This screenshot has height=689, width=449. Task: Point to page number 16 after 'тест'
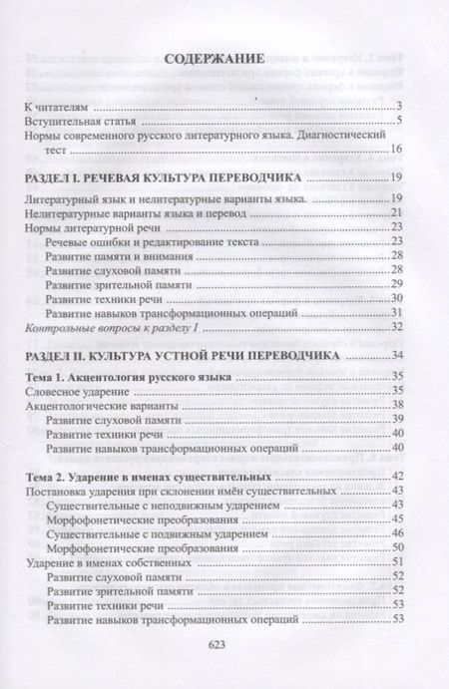(395, 150)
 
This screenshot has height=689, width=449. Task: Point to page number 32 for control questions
(395, 327)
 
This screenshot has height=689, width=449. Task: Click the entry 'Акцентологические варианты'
(103, 407)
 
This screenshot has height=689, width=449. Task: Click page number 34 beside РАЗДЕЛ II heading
(395, 355)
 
